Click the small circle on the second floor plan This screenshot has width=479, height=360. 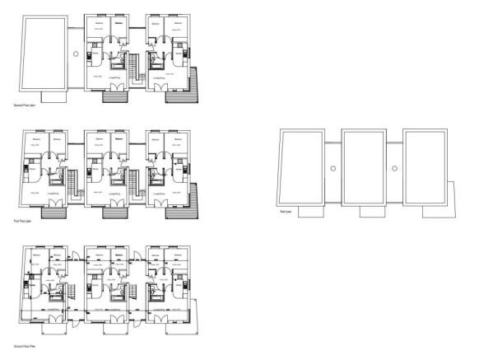76,53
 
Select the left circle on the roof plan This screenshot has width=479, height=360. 333,167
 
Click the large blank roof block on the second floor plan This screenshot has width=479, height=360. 43,53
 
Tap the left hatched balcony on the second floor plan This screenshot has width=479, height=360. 114,94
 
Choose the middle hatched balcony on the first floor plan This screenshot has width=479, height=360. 114,211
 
